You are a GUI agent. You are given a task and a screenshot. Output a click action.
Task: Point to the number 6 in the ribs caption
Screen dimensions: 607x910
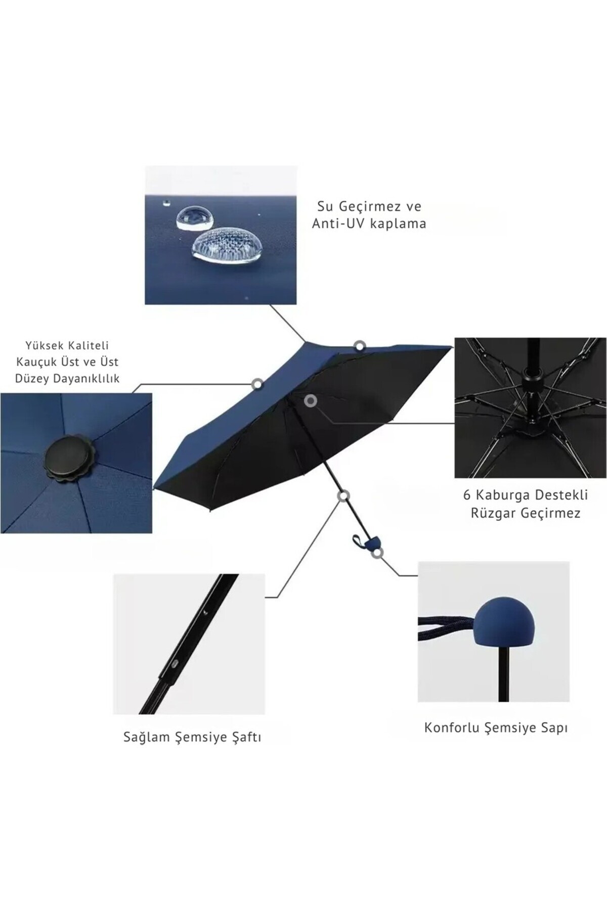pyautogui.click(x=467, y=494)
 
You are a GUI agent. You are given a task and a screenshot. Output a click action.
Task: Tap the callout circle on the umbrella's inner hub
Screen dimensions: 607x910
pyautogui.click(x=311, y=401)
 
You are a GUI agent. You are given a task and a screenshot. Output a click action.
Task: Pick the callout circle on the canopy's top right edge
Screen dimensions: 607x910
pyautogui.click(x=360, y=346)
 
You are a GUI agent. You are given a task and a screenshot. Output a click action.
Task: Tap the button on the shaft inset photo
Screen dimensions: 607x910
pyautogui.click(x=174, y=663)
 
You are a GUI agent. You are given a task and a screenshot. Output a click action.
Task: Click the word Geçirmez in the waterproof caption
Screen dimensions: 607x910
pyautogui.click(x=363, y=207)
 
